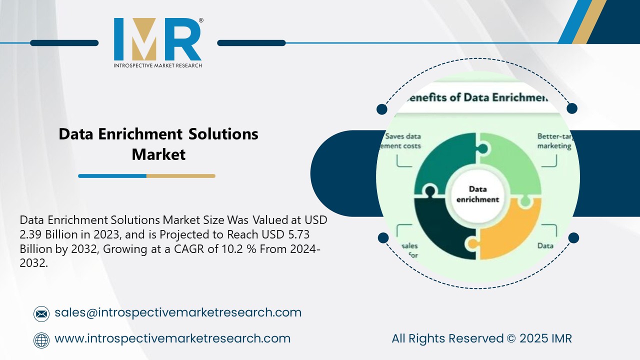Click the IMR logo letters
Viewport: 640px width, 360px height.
157,39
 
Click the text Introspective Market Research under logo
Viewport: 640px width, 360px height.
157,65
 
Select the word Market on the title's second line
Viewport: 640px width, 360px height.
158,154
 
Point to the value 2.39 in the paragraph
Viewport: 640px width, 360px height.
32,234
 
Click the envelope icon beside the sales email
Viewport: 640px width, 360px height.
41,313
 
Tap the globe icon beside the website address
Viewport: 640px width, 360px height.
41,339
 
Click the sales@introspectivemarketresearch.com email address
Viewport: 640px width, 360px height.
178,312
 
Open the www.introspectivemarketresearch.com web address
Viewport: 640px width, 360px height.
172,338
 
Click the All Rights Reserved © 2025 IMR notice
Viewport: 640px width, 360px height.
481,338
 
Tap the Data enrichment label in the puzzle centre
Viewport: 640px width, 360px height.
477,194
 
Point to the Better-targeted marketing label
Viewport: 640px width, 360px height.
554,141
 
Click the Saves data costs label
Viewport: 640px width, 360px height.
402,141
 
